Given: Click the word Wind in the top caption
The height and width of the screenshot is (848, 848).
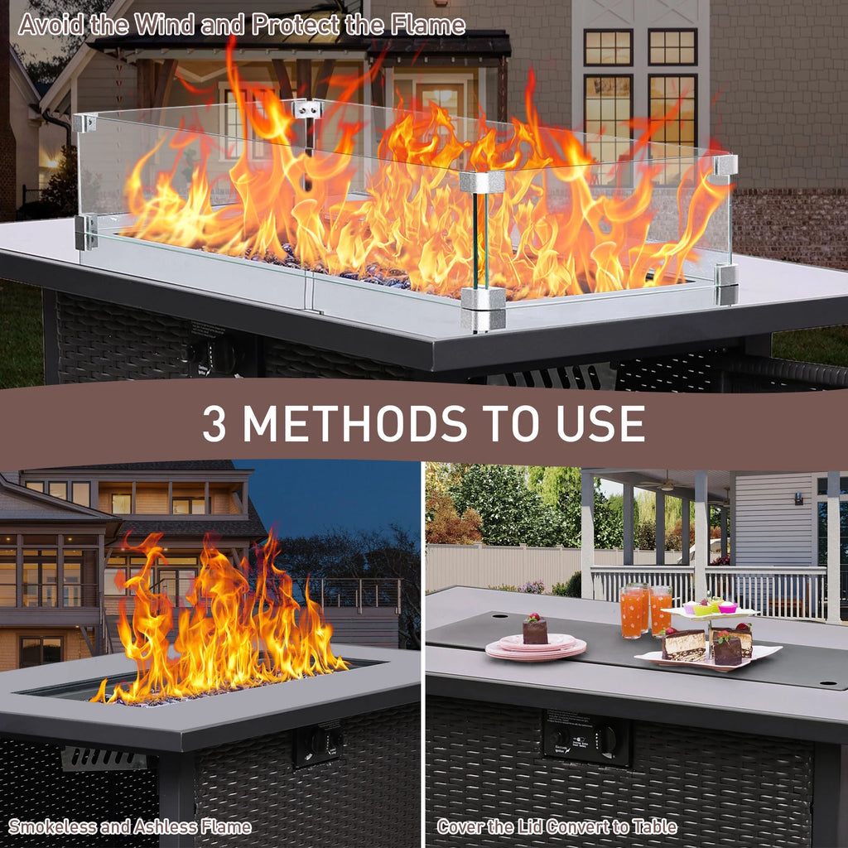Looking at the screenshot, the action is [x=164, y=25].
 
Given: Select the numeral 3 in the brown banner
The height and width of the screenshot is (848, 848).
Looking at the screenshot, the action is [x=214, y=423].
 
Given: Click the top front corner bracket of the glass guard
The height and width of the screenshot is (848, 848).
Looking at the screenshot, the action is [x=482, y=181].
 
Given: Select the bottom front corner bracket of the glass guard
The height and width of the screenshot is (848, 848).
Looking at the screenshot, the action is [x=483, y=308].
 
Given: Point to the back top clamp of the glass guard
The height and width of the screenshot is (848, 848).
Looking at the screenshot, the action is [x=307, y=108].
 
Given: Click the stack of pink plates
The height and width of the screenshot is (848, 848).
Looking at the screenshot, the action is [x=536, y=648].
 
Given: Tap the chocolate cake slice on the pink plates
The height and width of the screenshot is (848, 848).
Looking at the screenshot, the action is [x=535, y=630].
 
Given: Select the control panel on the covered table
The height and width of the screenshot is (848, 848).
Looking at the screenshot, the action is [x=587, y=736].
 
